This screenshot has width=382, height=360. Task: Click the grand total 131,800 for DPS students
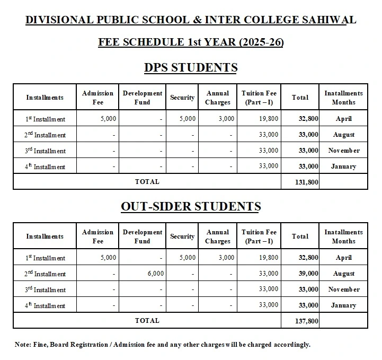[306, 182]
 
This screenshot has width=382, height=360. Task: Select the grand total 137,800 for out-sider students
[306, 321]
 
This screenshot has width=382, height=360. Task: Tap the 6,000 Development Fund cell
[155, 274]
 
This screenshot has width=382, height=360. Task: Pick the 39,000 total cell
[308, 274]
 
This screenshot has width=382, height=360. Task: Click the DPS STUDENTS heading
[191, 67]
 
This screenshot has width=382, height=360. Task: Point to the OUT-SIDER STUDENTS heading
[191, 206]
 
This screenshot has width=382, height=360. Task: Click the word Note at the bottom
[23, 345]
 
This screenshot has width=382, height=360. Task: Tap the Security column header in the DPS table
[182, 98]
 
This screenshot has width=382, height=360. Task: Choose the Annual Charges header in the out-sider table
[218, 236]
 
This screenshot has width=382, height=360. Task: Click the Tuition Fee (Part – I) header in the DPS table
[259, 98]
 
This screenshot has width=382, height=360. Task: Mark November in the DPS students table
[343, 151]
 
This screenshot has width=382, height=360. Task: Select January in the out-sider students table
[343, 305]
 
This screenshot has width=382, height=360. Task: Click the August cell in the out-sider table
[343, 274]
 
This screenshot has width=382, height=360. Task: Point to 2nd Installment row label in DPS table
[45, 135]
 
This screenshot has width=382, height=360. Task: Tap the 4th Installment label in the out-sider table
[45, 305]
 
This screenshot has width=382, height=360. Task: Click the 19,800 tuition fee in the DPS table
[269, 119]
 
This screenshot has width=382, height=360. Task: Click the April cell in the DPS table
[343, 119]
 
